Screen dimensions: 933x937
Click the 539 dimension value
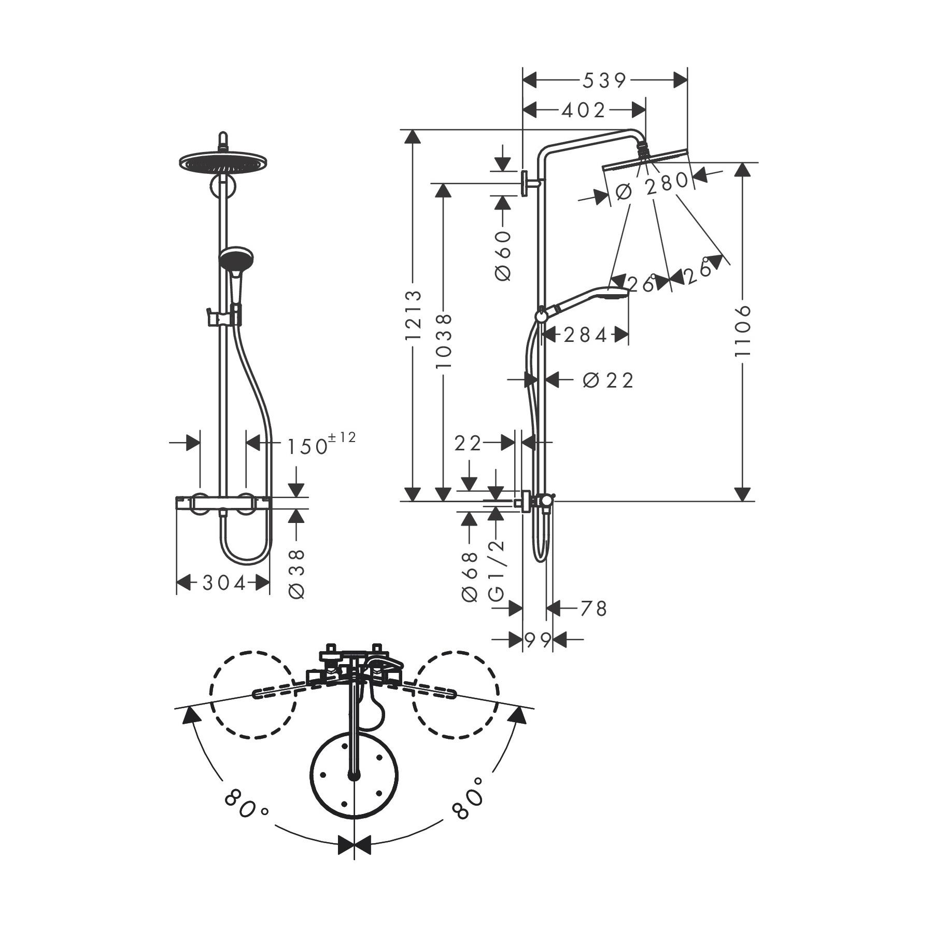pyautogui.click(x=605, y=80)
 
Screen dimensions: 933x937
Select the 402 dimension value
pyautogui.click(x=584, y=110)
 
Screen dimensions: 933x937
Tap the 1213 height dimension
pyautogui.click(x=413, y=315)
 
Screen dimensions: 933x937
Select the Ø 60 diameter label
pyautogui.click(x=503, y=256)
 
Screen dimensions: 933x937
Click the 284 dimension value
pyautogui.click(x=585, y=336)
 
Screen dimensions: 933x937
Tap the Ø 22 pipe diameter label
pyautogui.click(x=608, y=380)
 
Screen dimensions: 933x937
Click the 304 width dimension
pyautogui.click(x=224, y=584)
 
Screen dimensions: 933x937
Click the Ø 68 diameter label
pyautogui.click(x=469, y=577)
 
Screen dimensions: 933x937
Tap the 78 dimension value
pyautogui.click(x=593, y=609)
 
